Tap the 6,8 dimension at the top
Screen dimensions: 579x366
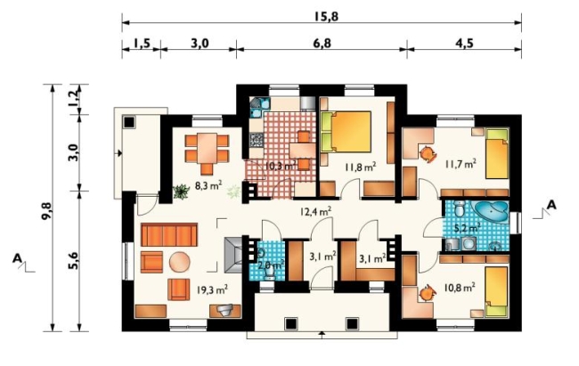tap(322, 44)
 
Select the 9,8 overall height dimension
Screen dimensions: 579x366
tap(46, 211)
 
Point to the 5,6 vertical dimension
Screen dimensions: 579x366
tap(73, 260)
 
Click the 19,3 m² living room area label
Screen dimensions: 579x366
tap(212, 290)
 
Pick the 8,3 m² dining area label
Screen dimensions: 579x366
tap(208, 185)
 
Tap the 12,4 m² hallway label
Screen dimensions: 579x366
tap(315, 211)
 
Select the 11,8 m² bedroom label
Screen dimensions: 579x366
tap(361, 167)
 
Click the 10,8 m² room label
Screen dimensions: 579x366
tap(460, 287)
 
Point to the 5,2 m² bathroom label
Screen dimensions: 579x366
tap(467, 228)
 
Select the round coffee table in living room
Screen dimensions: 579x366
tap(180, 262)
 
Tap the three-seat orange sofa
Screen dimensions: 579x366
tap(168, 234)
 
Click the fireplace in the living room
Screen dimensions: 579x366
tap(233, 255)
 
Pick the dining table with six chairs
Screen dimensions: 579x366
tap(207, 153)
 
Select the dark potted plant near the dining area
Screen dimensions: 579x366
tap(181, 192)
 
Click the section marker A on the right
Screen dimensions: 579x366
tap(550, 205)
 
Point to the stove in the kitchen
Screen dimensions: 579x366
tap(257, 141)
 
